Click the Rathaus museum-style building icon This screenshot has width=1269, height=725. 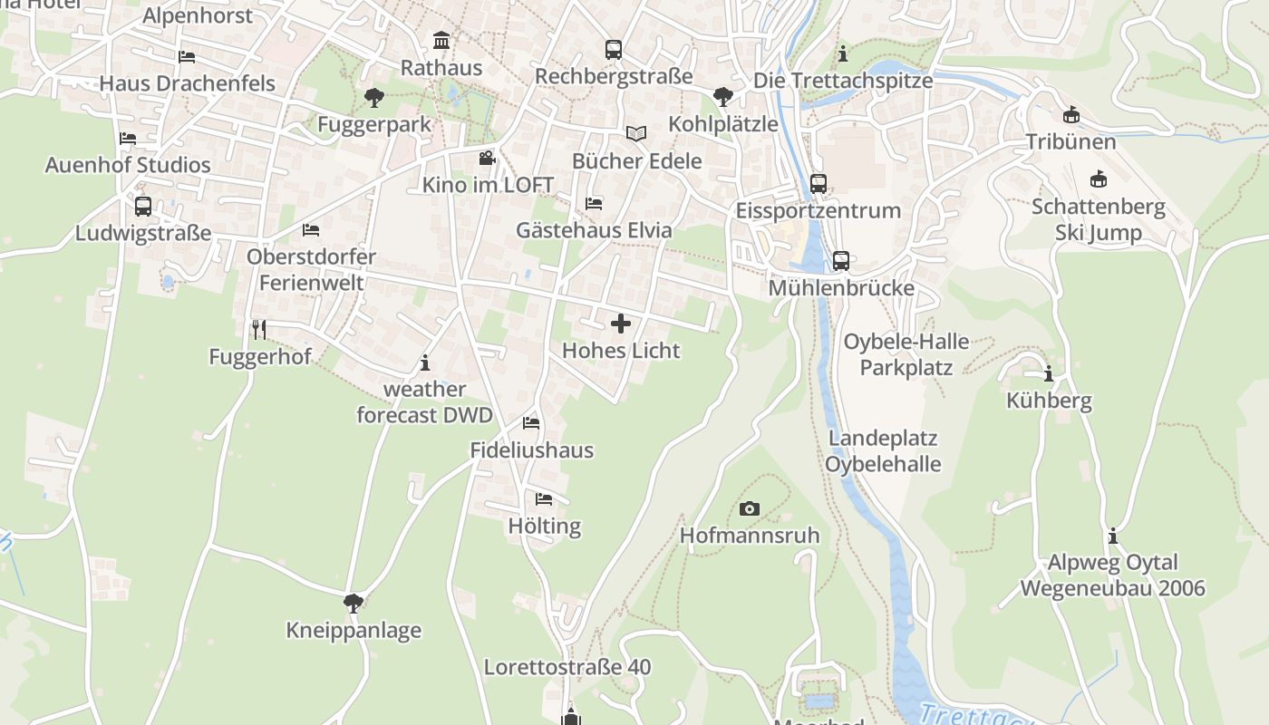[441, 40]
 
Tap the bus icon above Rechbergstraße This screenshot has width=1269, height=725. [614, 49]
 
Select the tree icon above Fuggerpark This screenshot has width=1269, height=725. [373, 97]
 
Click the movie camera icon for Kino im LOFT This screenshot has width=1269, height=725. [488, 159]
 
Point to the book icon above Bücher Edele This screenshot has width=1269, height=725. [636, 134]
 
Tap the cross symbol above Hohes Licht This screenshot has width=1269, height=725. [621, 324]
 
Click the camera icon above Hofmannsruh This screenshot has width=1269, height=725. [750, 508]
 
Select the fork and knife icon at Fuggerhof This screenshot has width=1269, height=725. [259, 329]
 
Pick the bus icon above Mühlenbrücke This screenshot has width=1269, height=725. [841, 261]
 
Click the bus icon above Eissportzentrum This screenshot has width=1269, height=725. [818, 184]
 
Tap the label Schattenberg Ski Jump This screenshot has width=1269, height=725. [1099, 219]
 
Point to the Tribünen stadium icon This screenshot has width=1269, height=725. [1071, 115]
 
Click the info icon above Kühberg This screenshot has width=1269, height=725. [1049, 373]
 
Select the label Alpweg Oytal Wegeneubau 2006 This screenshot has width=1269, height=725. [1113, 575]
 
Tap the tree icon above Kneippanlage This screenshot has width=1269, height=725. [353, 603]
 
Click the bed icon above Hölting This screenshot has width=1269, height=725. [544, 499]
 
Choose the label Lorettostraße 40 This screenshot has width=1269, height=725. [567, 667]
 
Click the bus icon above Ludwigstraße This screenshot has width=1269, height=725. [143, 206]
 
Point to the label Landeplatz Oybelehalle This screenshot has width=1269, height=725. [883, 451]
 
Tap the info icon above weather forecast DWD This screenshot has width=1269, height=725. [425, 363]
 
